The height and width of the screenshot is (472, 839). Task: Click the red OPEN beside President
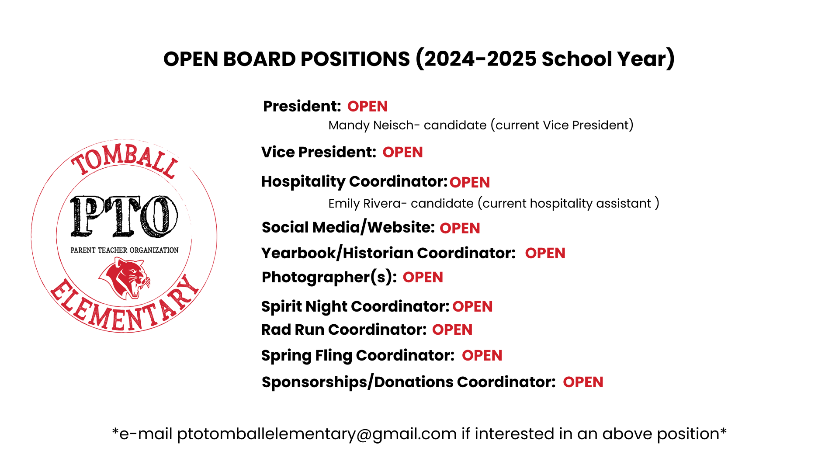(x=367, y=106)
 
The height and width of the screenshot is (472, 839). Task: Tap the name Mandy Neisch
(x=370, y=125)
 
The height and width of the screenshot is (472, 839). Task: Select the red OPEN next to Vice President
(x=402, y=152)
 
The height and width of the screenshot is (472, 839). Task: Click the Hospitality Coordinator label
(x=354, y=182)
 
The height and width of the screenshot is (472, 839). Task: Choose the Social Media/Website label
(x=348, y=228)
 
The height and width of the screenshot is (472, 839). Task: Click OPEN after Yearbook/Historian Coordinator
(x=545, y=253)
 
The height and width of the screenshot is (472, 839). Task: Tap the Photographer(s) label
(x=329, y=277)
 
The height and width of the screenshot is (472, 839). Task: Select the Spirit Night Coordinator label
(x=355, y=306)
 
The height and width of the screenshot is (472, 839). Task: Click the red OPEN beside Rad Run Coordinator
(x=452, y=330)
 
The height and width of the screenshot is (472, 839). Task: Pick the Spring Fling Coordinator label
(x=357, y=355)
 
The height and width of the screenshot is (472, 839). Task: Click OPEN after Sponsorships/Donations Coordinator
(x=583, y=382)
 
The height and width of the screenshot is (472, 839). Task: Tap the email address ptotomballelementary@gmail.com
(x=317, y=434)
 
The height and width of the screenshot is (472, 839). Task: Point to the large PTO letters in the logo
(x=124, y=217)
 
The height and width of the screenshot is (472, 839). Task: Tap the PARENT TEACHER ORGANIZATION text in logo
(x=125, y=250)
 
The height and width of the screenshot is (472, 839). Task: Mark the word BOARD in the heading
(x=259, y=59)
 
